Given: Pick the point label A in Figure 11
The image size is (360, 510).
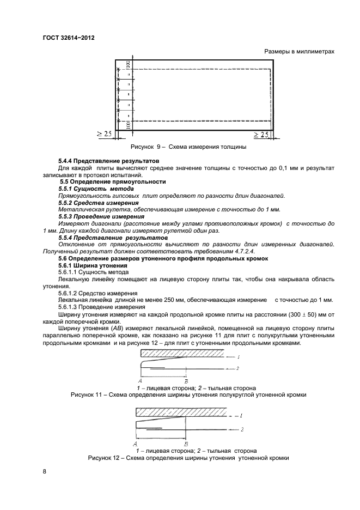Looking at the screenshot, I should click(141, 380).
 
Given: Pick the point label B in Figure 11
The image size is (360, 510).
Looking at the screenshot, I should click(186, 380).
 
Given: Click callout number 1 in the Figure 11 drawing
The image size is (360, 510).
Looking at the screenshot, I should click(238, 356).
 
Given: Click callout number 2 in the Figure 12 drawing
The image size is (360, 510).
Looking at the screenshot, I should click(242, 430).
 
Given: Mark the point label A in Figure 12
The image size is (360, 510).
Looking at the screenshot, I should click(135, 443).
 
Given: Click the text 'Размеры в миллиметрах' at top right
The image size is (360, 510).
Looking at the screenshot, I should click(298, 52).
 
